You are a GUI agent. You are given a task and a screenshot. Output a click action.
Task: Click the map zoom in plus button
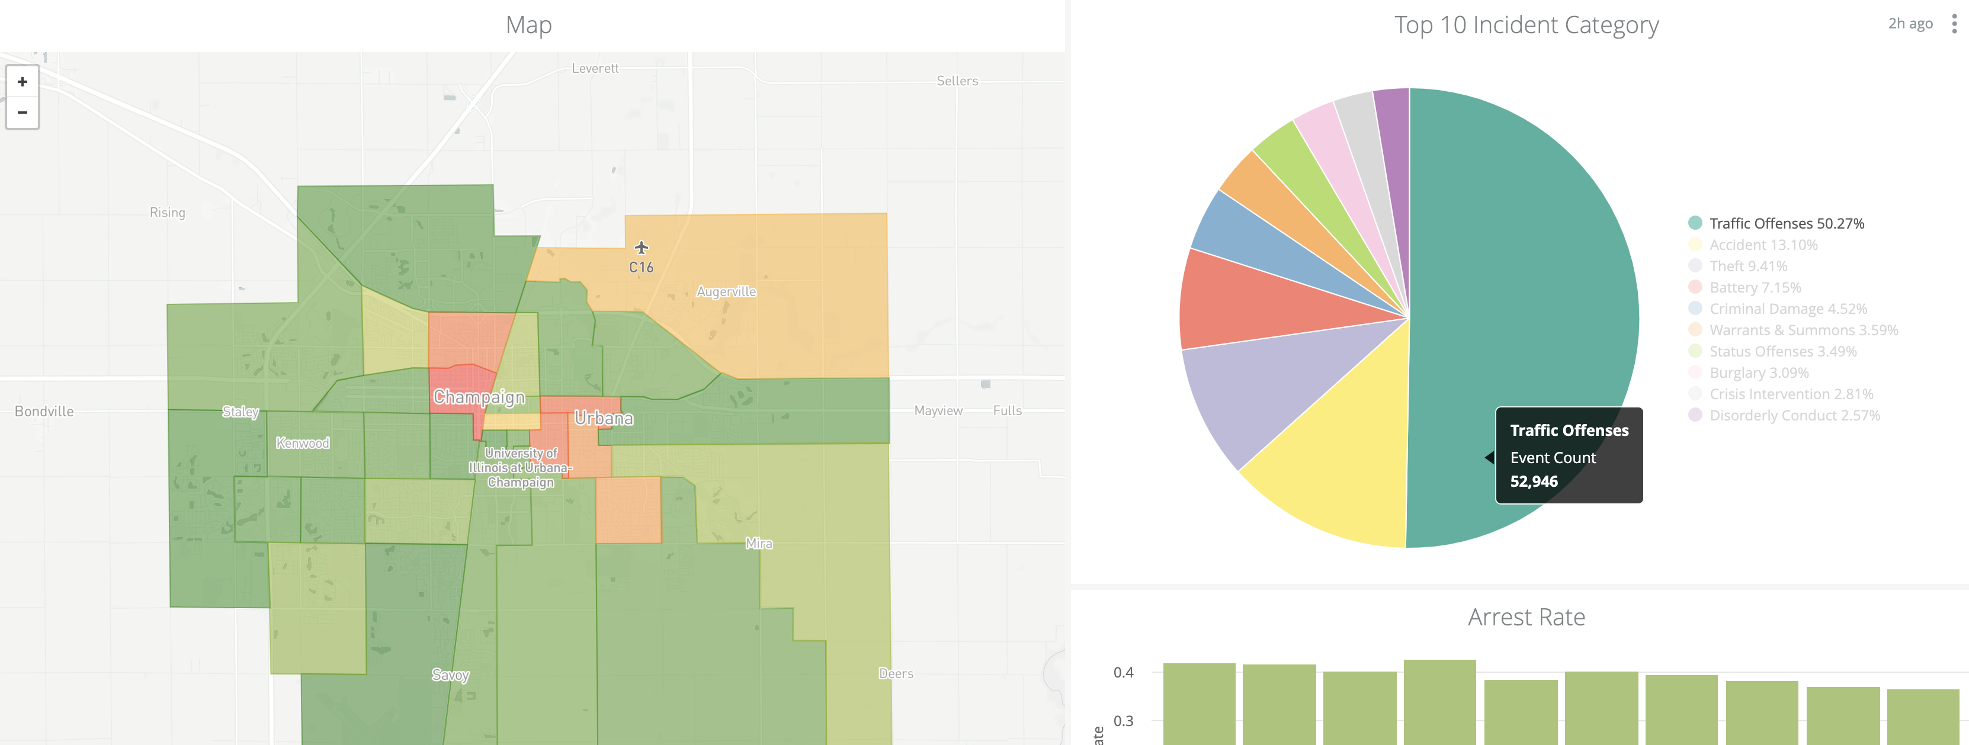tap(22, 82)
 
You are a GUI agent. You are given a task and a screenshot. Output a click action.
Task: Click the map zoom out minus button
tap(22, 113)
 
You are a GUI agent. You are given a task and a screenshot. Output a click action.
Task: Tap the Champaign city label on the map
tap(479, 397)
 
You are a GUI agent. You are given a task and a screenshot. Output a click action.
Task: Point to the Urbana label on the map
tap(604, 419)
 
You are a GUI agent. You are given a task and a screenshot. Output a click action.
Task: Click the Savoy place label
tap(450, 675)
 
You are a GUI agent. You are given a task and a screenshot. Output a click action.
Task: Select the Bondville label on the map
tap(44, 411)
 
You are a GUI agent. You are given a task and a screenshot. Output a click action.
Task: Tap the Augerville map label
tap(726, 292)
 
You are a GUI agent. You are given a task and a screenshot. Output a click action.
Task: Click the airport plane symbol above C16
tap(642, 248)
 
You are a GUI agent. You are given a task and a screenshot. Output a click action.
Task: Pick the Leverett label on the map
tap(595, 69)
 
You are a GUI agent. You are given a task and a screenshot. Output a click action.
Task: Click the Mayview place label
tap(938, 411)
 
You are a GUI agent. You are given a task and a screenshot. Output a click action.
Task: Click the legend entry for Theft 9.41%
tap(1747, 266)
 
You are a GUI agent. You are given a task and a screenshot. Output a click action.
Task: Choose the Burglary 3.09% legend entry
tap(1758, 373)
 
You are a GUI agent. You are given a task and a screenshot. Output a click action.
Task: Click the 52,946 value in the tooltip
tap(1533, 481)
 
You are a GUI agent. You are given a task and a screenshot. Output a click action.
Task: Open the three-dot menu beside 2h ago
tap(1954, 24)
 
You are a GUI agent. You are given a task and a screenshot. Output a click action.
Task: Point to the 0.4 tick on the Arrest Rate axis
tap(1123, 672)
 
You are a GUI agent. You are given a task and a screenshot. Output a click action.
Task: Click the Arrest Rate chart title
tap(1526, 616)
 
